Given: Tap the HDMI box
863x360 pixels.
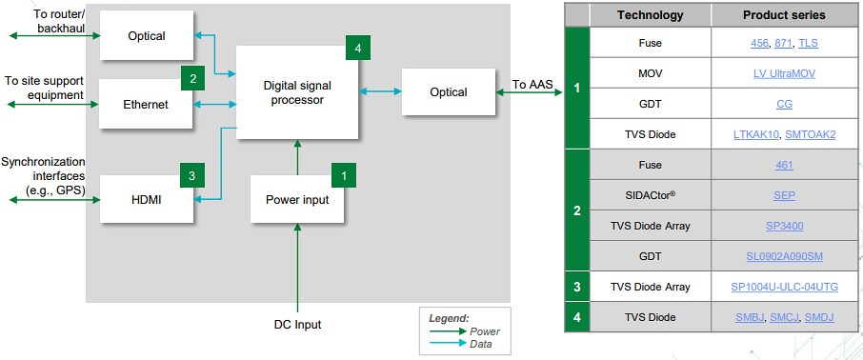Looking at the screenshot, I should (x=146, y=200).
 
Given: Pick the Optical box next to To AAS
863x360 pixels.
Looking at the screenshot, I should (x=448, y=92).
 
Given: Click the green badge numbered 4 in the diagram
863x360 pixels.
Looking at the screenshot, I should (x=357, y=48).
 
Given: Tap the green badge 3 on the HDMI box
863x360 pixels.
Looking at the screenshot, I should (x=191, y=175).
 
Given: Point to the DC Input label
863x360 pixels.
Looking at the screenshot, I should (x=298, y=325).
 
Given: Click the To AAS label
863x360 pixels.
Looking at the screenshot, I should (x=531, y=85).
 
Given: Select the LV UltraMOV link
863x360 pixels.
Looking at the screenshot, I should (x=784, y=73).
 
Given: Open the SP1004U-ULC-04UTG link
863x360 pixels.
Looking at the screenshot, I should (x=784, y=287).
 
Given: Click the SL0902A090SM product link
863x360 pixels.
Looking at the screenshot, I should (x=784, y=256).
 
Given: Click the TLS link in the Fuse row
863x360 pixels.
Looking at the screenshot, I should (x=808, y=43).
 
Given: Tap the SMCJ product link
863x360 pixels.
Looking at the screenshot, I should (x=784, y=317).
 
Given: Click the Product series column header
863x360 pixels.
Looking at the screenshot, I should (x=784, y=15).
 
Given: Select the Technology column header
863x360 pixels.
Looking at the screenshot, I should (x=650, y=15).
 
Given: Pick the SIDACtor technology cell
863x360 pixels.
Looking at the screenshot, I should (x=650, y=195).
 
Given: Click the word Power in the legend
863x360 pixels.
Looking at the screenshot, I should (x=485, y=331).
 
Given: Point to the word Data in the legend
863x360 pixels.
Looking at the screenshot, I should (x=482, y=344).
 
